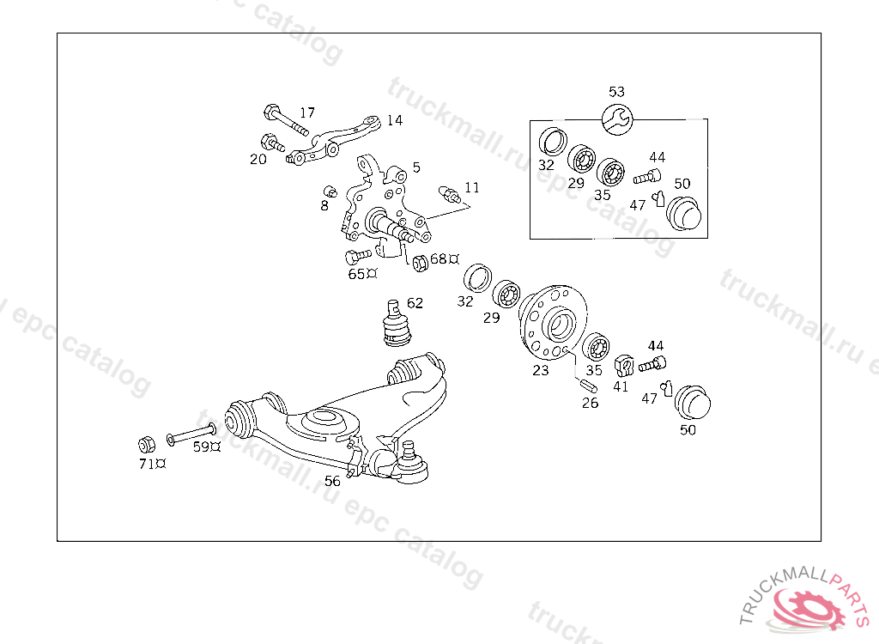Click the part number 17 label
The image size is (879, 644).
pyautogui.click(x=307, y=112)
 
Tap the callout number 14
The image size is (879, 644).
pyautogui.click(x=394, y=120)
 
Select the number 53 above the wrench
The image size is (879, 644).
pyautogui.click(x=616, y=92)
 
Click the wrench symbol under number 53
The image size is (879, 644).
pyautogui.click(x=617, y=119)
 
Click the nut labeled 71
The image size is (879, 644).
pyautogui.click(x=147, y=445)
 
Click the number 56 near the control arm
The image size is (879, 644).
pyautogui.click(x=332, y=481)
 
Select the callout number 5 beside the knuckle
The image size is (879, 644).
pyautogui.click(x=416, y=167)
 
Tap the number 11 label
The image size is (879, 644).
pyautogui.click(x=472, y=187)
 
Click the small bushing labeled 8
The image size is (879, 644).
pyautogui.click(x=330, y=190)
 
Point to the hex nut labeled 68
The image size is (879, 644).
pyautogui.click(x=421, y=262)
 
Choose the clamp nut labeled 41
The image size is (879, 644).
pyautogui.click(x=624, y=367)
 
